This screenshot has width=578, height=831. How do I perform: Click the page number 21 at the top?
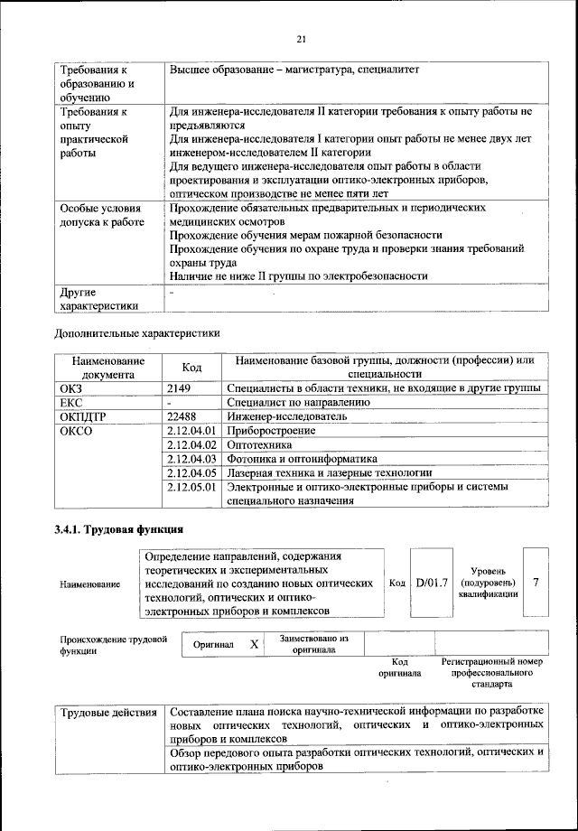(302, 38)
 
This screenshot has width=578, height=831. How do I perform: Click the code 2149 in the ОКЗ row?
(181, 387)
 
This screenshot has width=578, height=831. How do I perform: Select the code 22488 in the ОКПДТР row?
(183, 416)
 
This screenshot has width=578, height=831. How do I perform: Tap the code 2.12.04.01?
(193, 431)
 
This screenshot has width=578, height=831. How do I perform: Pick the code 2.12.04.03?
(193, 459)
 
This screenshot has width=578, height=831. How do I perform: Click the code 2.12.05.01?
(193, 487)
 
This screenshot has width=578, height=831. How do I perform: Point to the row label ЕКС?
(71, 402)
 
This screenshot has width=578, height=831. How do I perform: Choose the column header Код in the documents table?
(191, 367)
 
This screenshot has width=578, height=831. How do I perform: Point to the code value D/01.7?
(432, 583)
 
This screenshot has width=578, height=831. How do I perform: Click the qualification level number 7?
(536, 583)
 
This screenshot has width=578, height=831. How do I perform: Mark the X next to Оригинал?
(255, 644)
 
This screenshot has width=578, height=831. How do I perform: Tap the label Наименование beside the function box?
(89, 584)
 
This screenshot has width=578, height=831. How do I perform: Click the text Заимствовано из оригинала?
(313, 644)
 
